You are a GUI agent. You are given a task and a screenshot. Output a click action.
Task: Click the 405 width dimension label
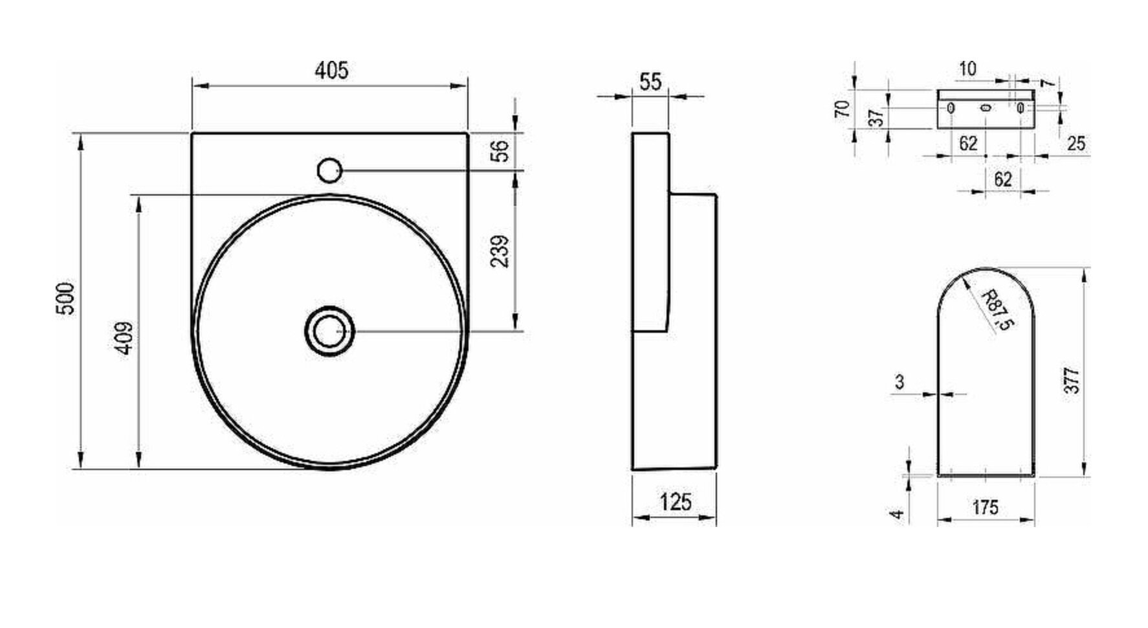(x=332, y=69)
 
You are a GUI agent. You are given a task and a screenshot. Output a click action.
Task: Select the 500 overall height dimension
(x=67, y=298)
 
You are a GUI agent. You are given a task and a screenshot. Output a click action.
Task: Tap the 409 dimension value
(x=124, y=338)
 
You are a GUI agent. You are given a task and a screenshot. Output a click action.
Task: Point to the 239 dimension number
(x=500, y=251)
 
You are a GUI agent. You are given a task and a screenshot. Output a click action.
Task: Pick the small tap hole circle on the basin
(x=329, y=170)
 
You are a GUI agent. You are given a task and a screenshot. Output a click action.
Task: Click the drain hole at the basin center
(x=330, y=331)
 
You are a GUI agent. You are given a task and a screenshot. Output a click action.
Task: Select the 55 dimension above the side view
(x=651, y=82)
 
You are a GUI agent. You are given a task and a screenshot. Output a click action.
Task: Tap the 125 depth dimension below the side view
(x=675, y=501)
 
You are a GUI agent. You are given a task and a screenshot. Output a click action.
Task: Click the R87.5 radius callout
(x=995, y=311)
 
